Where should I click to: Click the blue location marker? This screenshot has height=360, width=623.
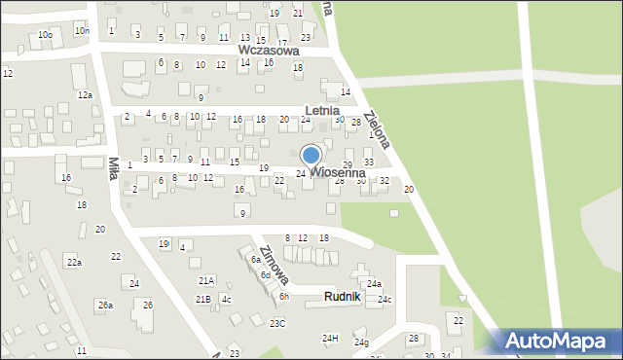click(x=311, y=155)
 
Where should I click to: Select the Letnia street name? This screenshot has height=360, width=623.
click(x=321, y=111)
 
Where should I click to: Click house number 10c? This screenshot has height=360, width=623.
click(x=45, y=34)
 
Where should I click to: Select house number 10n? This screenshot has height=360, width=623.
click(x=81, y=31)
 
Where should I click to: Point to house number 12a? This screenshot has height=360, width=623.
click(x=85, y=94)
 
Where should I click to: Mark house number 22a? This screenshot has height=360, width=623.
click(x=73, y=263)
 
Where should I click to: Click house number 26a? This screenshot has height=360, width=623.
click(x=105, y=306)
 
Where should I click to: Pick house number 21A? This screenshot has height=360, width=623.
click(x=205, y=280)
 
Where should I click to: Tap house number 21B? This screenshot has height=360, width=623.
click(x=202, y=299)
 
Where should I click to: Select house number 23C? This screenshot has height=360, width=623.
click(x=277, y=323)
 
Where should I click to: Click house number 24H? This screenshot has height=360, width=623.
click(x=330, y=338)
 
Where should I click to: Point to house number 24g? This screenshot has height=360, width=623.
click(x=361, y=342)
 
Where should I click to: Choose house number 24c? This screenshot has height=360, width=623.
click(x=385, y=299)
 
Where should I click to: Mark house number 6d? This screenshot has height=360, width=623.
click(x=265, y=275)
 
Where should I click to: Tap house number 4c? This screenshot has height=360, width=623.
click(x=226, y=299)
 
